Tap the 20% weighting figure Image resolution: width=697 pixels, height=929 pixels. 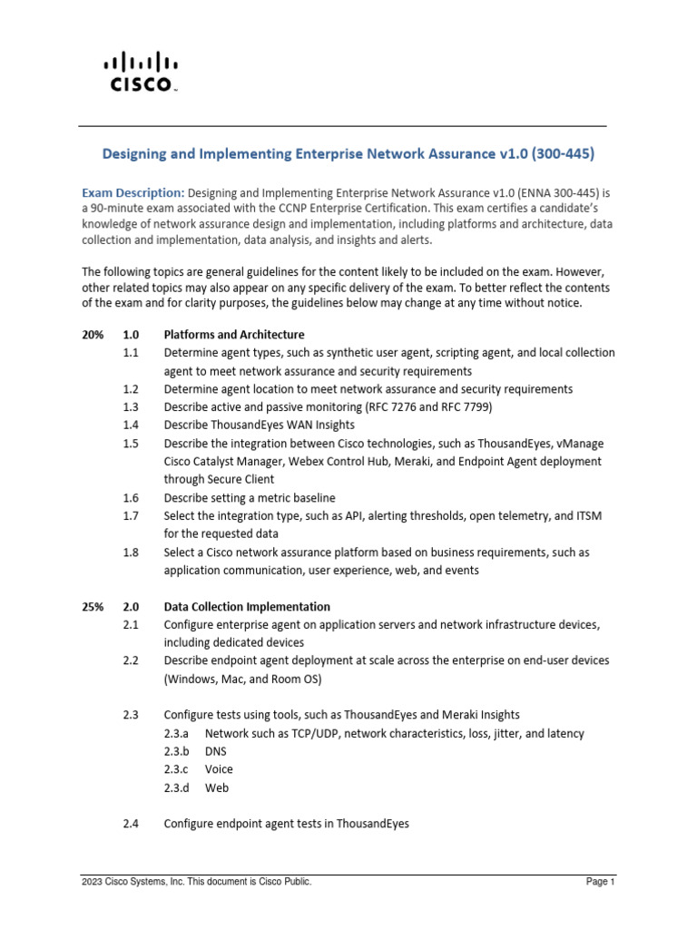coord(93,335)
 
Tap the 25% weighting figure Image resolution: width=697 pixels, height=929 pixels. coord(93,606)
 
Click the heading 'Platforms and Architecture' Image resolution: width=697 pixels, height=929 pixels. coord(233,335)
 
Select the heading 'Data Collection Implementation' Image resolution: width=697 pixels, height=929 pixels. coord(247,606)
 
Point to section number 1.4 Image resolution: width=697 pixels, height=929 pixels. coord(131,425)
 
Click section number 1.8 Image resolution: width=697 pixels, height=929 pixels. coord(131,552)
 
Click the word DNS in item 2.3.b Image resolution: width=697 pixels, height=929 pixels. coord(217,751)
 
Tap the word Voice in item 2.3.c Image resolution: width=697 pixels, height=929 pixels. coord(219,769)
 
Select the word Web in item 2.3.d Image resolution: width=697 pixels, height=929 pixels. coord(216,787)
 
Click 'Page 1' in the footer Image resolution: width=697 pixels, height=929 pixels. coord(601,881)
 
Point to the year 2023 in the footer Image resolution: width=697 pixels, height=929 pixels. coord(92,881)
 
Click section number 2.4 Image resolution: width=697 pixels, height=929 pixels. coord(131,824)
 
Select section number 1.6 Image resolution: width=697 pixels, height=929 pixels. coord(131,497)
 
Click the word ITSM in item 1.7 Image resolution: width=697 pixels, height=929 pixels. coord(587,515)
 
